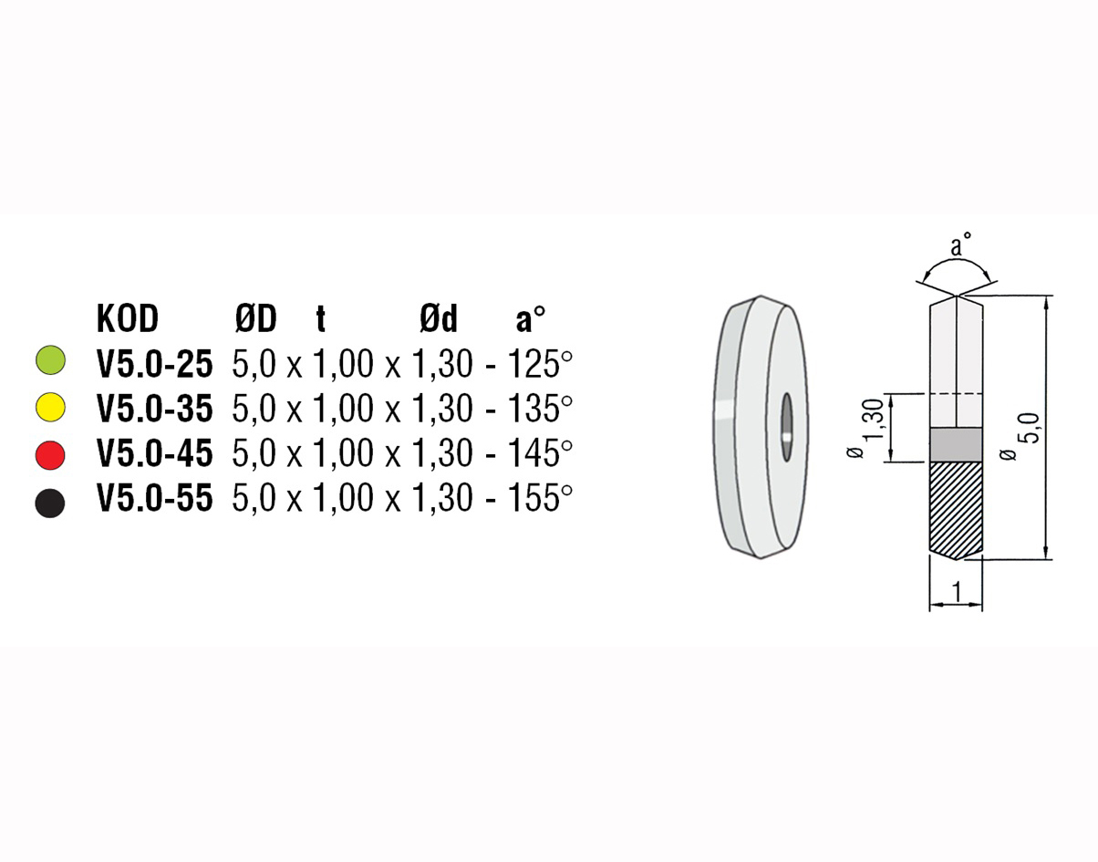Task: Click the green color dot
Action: coord(50,360)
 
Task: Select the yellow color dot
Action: coord(50,407)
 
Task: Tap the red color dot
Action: coord(50,455)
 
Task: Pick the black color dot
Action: coord(50,503)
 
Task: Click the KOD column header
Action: coord(128,319)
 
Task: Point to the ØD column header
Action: coord(256,319)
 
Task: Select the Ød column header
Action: coord(438,319)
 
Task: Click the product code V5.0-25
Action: coord(155,364)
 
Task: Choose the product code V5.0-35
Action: coord(155,409)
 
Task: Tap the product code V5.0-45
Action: coord(155,452)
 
